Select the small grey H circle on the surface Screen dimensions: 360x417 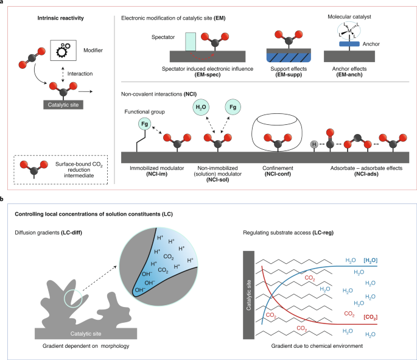pos(313,145)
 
